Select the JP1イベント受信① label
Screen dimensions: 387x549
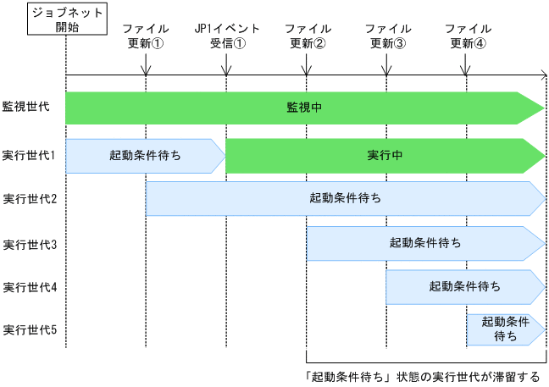pyautogui.click(x=226, y=36)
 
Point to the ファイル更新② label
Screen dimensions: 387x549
pyautogui.click(x=307, y=36)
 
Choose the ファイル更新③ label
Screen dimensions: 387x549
pyautogui.click(x=386, y=36)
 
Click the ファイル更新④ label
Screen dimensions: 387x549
pyautogui.click(x=467, y=36)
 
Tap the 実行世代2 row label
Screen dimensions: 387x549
pyautogui.click(x=29, y=199)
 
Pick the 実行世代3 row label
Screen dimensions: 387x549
pyautogui.click(x=29, y=244)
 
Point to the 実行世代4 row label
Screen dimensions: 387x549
pyautogui.click(x=29, y=287)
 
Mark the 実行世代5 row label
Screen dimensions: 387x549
pyautogui.click(x=29, y=329)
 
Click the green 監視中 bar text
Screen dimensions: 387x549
pyautogui.click(x=303, y=108)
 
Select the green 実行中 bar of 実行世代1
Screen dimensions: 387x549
pyautogui.click(x=384, y=155)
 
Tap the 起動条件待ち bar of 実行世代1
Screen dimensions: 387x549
pyautogui.click(x=145, y=155)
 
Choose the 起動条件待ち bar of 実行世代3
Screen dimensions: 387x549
pyautogui.click(x=425, y=243)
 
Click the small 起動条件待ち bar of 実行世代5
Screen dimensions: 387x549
pyautogui.click(x=505, y=329)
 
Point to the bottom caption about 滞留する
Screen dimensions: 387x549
pyautogui.click(x=421, y=376)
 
